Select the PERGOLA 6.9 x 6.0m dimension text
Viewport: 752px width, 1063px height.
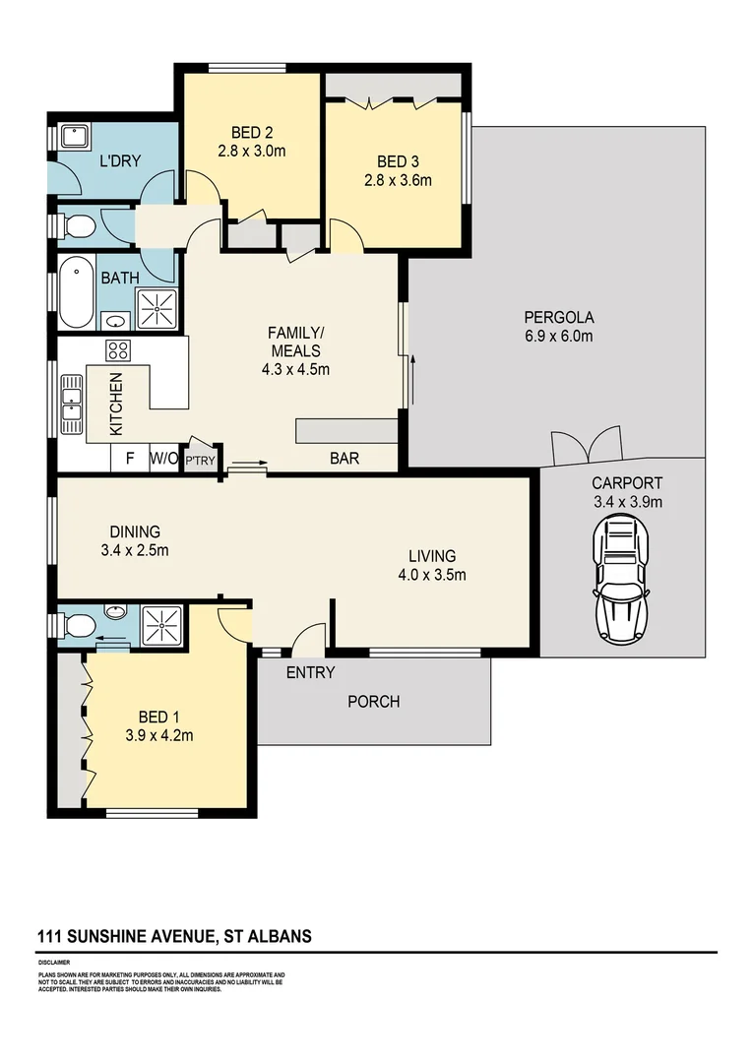pyautogui.click(x=558, y=336)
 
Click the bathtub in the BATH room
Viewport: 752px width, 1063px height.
pyautogui.click(x=76, y=293)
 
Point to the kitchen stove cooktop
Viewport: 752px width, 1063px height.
pyautogui.click(x=118, y=350)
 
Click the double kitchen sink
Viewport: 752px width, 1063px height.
pyautogui.click(x=72, y=404)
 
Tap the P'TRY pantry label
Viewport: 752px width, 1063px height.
pyautogui.click(x=201, y=460)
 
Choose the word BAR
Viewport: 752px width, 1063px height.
pyautogui.click(x=344, y=459)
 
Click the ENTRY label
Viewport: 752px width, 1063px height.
pyautogui.click(x=310, y=673)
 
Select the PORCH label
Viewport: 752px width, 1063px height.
pyautogui.click(x=374, y=702)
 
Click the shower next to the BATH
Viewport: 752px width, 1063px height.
pyautogui.click(x=155, y=309)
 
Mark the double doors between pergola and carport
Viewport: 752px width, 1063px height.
pyautogui.click(x=586, y=447)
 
